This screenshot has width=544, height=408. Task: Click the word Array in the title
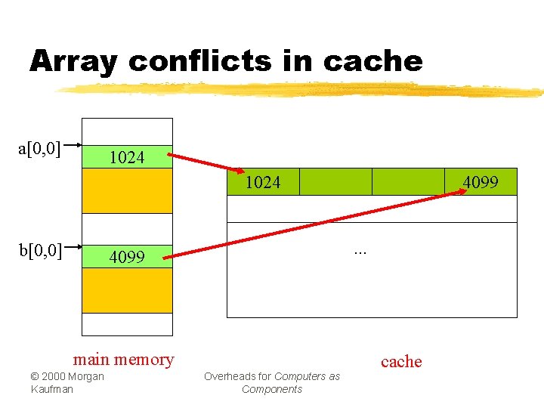73,62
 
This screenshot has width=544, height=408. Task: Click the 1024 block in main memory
127,157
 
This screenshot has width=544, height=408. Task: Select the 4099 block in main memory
127,257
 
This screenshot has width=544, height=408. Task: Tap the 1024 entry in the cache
263,182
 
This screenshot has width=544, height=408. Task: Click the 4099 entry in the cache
480,182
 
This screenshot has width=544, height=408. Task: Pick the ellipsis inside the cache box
360,250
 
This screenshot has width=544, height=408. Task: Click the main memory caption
123,359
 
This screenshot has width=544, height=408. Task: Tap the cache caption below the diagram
401,361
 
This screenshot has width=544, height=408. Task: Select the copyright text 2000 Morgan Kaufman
67,382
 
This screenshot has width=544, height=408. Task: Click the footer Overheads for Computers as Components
272,382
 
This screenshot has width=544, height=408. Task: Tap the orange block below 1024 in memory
127,190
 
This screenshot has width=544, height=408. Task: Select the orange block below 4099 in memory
127,291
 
